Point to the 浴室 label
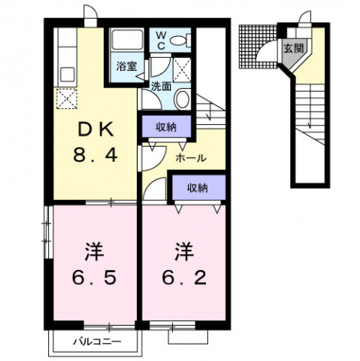pyautogui.click(x=126, y=66)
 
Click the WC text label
pyautogui.click(x=162, y=40)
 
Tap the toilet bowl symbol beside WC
pyautogui.click(x=183, y=41)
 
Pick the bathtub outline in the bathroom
pyautogui.click(x=127, y=41)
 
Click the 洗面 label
pyautogui.click(x=160, y=86)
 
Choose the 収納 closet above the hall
pyautogui.click(x=167, y=126)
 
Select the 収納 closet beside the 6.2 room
pyautogui.click(x=198, y=188)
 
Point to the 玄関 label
pyautogui.click(x=293, y=49)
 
